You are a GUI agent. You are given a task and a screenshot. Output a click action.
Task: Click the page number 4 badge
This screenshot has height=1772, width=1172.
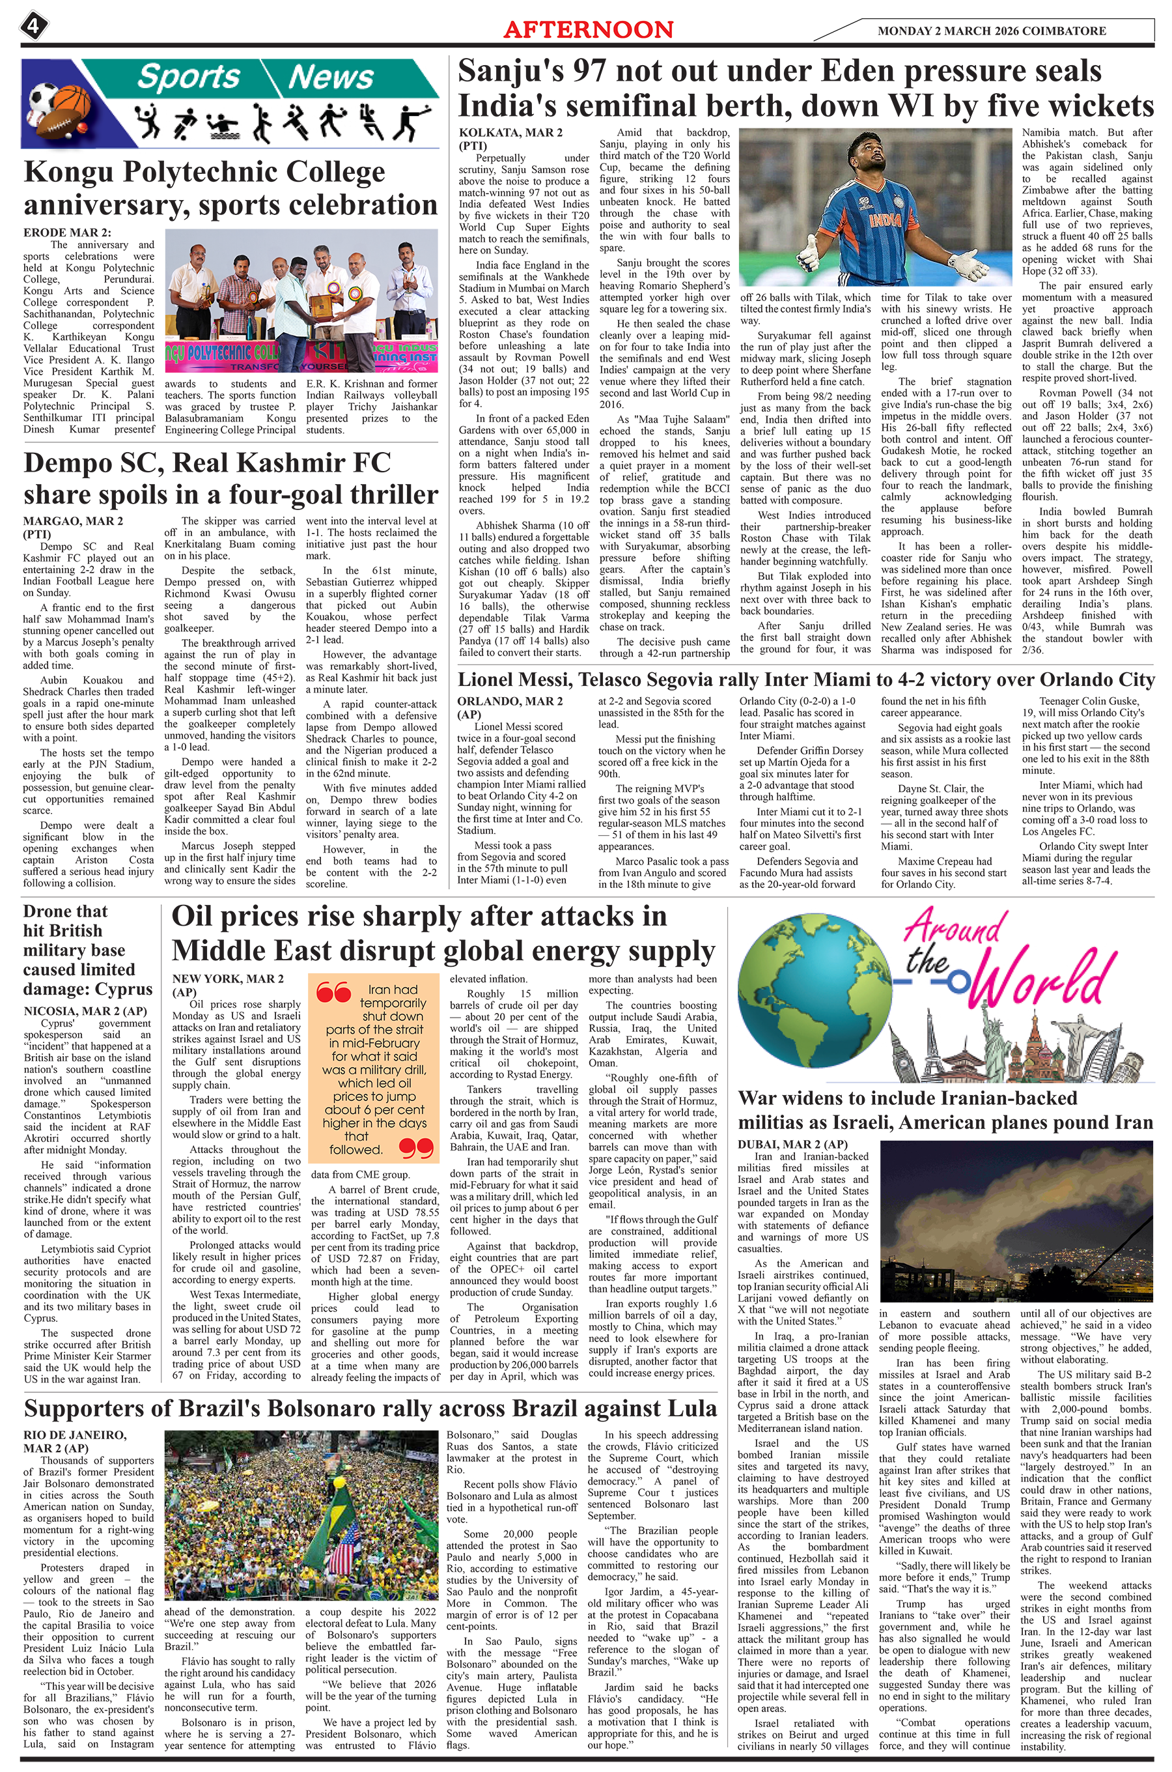point(33,27)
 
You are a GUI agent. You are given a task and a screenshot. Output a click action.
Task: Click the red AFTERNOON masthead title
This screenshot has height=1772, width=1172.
point(588,29)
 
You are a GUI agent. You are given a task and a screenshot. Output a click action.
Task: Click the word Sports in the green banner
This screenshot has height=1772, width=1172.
point(188,77)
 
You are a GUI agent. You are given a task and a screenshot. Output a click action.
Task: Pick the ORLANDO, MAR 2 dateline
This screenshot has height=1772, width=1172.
point(509,702)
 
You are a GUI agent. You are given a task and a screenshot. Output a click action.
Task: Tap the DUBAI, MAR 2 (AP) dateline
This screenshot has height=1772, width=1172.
point(792,1145)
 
